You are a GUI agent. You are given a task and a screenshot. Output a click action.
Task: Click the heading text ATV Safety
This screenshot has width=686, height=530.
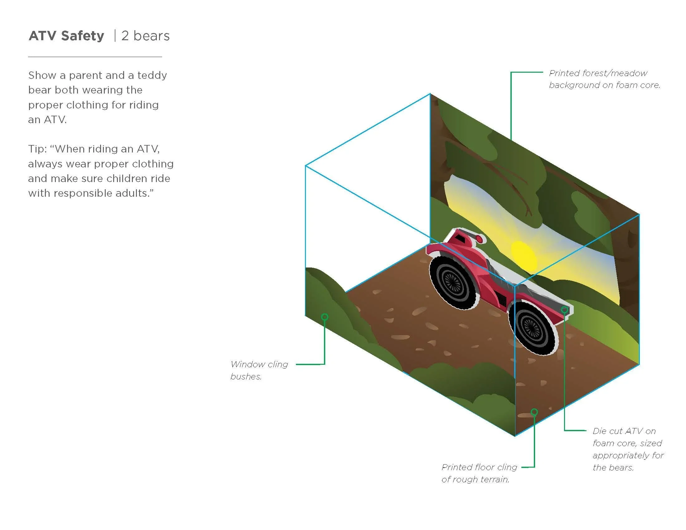pos(66,36)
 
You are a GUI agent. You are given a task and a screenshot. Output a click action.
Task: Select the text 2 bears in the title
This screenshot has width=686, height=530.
pos(145,36)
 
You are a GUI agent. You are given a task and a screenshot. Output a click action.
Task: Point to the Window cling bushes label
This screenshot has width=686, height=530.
pos(259,370)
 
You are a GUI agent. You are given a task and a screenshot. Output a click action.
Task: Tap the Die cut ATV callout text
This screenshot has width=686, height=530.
pos(628,449)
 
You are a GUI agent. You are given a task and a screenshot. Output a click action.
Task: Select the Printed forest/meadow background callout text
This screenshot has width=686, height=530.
pos(604,79)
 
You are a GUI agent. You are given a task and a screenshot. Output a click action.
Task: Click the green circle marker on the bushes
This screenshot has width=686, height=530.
pos(325,317)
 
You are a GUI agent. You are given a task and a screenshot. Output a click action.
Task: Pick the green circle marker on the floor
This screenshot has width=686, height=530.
pos(534,412)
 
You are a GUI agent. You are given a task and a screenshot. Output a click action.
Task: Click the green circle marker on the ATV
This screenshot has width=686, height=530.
pos(564,310)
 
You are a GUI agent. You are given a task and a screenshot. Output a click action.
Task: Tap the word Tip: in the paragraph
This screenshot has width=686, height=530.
pos(37,149)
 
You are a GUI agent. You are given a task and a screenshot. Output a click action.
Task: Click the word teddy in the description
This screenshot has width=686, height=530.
pos(152,75)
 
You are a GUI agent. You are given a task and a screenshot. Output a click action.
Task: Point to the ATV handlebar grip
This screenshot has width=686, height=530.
pos(479,239)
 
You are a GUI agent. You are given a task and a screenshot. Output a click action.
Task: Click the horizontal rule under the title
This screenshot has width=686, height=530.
pos(95,57)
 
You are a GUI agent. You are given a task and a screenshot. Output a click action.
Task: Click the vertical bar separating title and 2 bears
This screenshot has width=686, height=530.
pos(115,36)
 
